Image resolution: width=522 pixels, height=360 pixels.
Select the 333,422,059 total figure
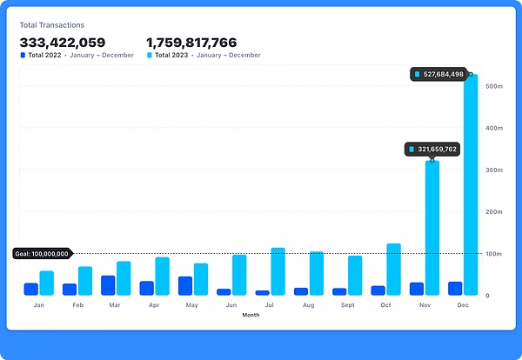pyautogui.click(x=63, y=42)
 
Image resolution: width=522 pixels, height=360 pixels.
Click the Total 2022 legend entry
pyautogui.click(x=77, y=56)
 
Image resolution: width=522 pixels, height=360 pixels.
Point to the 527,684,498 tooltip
pyautogui.click(x=438, y=75)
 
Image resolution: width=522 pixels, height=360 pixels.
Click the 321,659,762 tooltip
pyautogui.click(x=432, y=150)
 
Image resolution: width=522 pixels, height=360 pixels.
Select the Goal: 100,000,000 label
pyautogui.click(x=42, y=254)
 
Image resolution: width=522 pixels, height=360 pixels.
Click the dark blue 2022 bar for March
pyautogui.click(x=108, y=285)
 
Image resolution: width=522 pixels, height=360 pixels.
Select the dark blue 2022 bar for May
pyautogui.click(x=185, y=286)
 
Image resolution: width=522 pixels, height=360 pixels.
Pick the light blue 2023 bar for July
pyautogui.click(x=278, y=271)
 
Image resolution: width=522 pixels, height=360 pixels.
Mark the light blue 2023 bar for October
pyautogui.click(x=393, y=270)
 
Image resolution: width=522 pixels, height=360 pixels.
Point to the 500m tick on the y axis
pyautogui.click(x=494, y=86)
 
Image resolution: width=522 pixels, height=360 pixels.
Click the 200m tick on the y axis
pyautogui.click(x=494, y=212)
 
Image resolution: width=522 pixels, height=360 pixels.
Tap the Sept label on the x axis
pyautogui.click(x=346, y=306)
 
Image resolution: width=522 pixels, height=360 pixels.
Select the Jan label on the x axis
pyautogui.click(x=39, y=306)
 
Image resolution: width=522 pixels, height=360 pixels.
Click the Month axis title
pyautogui.click(x=251, y=316)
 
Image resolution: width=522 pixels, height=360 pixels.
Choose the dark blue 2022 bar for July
pyautogui.click(x=263, y=292)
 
